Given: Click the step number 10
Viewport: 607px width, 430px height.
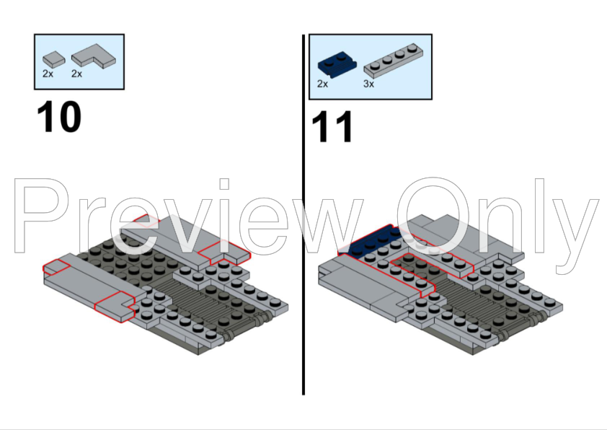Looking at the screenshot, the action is click(x=59, y=117).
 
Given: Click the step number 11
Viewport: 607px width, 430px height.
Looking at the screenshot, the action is click(x=332, y=127).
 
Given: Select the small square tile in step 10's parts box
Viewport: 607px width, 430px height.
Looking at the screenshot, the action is click(x=54, y=60).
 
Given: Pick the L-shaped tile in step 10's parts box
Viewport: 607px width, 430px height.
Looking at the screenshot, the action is click(x=93, y=56).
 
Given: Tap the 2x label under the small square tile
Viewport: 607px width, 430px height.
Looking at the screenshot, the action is click(x=48, y=74).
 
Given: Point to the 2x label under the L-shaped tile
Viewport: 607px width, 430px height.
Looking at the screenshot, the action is click(x=76, y=74).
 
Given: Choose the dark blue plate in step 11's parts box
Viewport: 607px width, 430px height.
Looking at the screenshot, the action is click(x=337, y=64).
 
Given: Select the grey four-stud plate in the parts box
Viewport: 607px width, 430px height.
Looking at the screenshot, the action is click(x=393, y=59).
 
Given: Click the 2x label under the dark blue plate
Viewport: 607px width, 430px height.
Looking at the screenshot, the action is click(x=322, y=84).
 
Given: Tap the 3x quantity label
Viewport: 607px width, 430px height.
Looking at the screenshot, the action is click(x=368, y=84).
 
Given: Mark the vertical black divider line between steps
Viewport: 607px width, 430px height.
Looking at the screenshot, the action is click(x=303, y=214).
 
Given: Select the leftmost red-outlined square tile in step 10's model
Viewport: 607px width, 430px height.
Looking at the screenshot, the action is click(x=56, y=267).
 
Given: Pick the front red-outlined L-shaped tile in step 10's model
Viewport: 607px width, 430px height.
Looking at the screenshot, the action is click(x=115, y=307).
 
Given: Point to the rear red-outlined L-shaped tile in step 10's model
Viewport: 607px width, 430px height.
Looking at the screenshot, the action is click(x=223, y=253).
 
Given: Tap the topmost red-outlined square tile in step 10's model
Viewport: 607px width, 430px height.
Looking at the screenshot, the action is click(x=146, y=221).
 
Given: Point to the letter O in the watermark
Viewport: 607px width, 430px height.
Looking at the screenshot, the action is click(x=433, y=216).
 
